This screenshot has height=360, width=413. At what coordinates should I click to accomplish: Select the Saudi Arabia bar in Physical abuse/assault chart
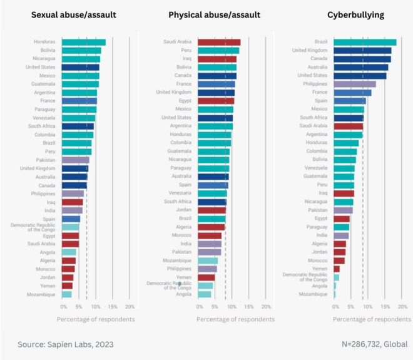click(219, 42)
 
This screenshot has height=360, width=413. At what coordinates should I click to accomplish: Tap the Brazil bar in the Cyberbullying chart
click(365, 42)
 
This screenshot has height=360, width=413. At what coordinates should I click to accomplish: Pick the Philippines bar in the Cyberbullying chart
click(355, 84)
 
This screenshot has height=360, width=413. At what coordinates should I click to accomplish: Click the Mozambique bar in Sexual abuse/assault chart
click(66, 294)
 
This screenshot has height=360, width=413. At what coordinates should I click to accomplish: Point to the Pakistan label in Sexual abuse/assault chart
click(46, 160)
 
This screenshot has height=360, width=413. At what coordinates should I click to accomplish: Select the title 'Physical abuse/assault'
click(215, 14)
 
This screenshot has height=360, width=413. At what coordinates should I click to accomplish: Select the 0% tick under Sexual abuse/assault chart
click(63, 307)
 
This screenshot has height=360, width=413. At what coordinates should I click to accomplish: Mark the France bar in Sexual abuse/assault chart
click(79, 101)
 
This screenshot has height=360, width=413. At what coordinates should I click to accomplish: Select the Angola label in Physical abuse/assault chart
click(183, 294)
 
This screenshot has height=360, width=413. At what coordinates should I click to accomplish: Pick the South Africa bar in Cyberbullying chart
click(349, 118)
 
